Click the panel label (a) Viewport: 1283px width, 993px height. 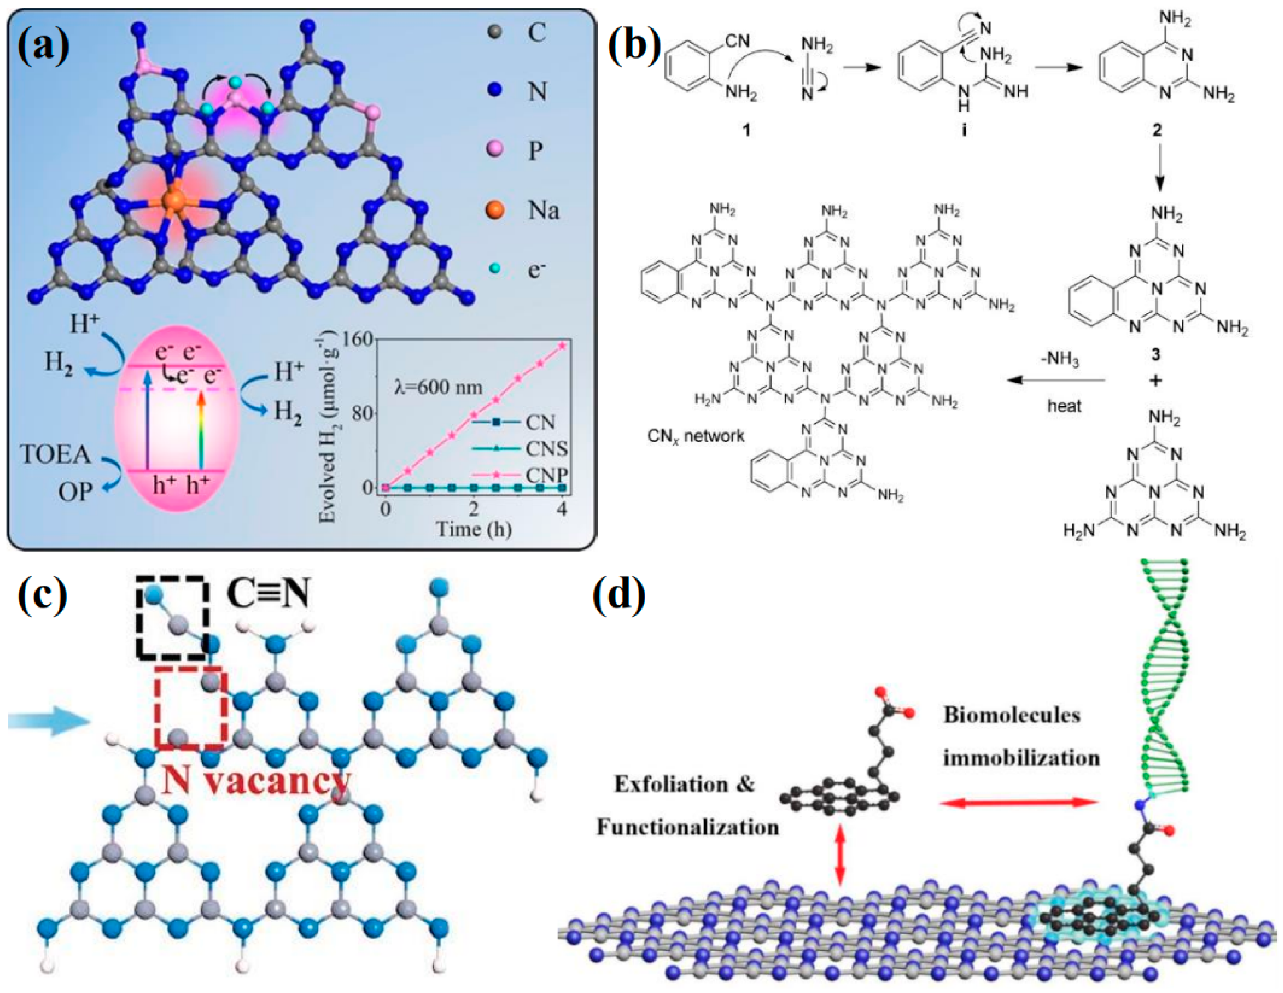click(44, 45)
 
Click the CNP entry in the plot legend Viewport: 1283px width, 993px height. click(546, 475)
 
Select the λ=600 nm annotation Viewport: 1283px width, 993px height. click(438, 388)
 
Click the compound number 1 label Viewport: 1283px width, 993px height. click(746, 129)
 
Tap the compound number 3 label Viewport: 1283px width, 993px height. click(1155, 355)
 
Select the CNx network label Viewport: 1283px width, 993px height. click(696, 436)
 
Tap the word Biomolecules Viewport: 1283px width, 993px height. click(1012, 715)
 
